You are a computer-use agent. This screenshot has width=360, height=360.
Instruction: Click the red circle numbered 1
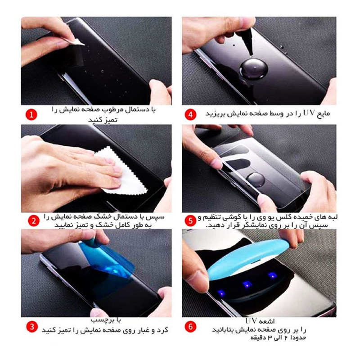[31, 114]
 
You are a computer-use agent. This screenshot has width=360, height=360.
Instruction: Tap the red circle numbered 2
[33, 220]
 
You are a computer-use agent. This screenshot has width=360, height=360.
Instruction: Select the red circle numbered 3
[32, 326]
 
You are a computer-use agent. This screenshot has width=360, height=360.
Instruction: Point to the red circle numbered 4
[190, 114]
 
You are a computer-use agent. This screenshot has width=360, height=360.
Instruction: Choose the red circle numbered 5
[190, 220]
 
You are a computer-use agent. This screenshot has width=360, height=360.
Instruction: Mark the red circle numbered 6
[190, 326]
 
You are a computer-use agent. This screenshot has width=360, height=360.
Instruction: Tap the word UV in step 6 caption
[251, 320]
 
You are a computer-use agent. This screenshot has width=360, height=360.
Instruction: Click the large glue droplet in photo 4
[254, 69]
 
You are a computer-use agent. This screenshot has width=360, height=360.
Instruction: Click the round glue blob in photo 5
[256, 180]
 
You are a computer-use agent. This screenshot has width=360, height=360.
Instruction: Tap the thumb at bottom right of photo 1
[160, 92]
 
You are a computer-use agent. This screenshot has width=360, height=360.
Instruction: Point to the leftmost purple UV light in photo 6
[221, 292]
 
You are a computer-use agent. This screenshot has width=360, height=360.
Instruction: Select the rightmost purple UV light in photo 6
[273, 275]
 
